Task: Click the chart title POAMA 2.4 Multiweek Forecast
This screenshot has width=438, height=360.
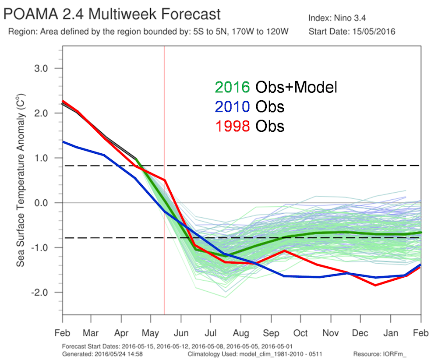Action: [112, 14]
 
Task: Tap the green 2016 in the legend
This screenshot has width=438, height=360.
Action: [232, 88]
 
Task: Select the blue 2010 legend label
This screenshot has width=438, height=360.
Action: [232, 106]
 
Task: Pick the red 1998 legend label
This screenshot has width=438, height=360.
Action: [232, 126]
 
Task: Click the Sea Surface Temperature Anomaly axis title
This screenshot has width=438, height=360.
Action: [20, 180]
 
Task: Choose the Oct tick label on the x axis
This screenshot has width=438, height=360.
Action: [300, 333]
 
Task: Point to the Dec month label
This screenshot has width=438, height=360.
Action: [360, 333]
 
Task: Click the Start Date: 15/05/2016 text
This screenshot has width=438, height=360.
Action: [352, 32]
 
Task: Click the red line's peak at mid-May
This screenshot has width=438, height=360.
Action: [164, 180]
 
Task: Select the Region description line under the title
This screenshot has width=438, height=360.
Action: [148, 32]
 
